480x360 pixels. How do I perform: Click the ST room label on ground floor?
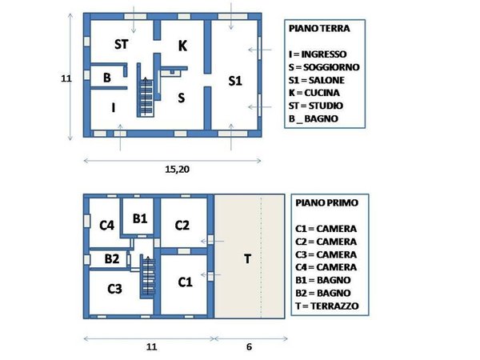(x=122, y=43)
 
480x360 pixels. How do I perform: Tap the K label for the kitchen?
(x=182, y=46)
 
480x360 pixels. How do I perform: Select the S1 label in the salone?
(x=234, y=81)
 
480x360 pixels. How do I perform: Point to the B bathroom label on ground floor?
(x=106, y=78)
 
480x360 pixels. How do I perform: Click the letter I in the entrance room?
(x=113, y=107)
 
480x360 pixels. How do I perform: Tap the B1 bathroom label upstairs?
(x=140, y=218)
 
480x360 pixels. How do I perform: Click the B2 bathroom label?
(x=111, y=258)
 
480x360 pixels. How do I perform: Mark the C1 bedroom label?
(x=185, y=282)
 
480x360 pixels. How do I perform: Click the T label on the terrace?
(x=248, y=258)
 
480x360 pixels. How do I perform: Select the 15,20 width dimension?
(x=176, y=170)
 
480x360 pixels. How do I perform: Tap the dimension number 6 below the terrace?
(x=250, y=348)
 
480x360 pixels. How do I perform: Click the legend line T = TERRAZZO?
(x=325, y=306)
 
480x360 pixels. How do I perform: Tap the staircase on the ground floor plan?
(x=146, y=96)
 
